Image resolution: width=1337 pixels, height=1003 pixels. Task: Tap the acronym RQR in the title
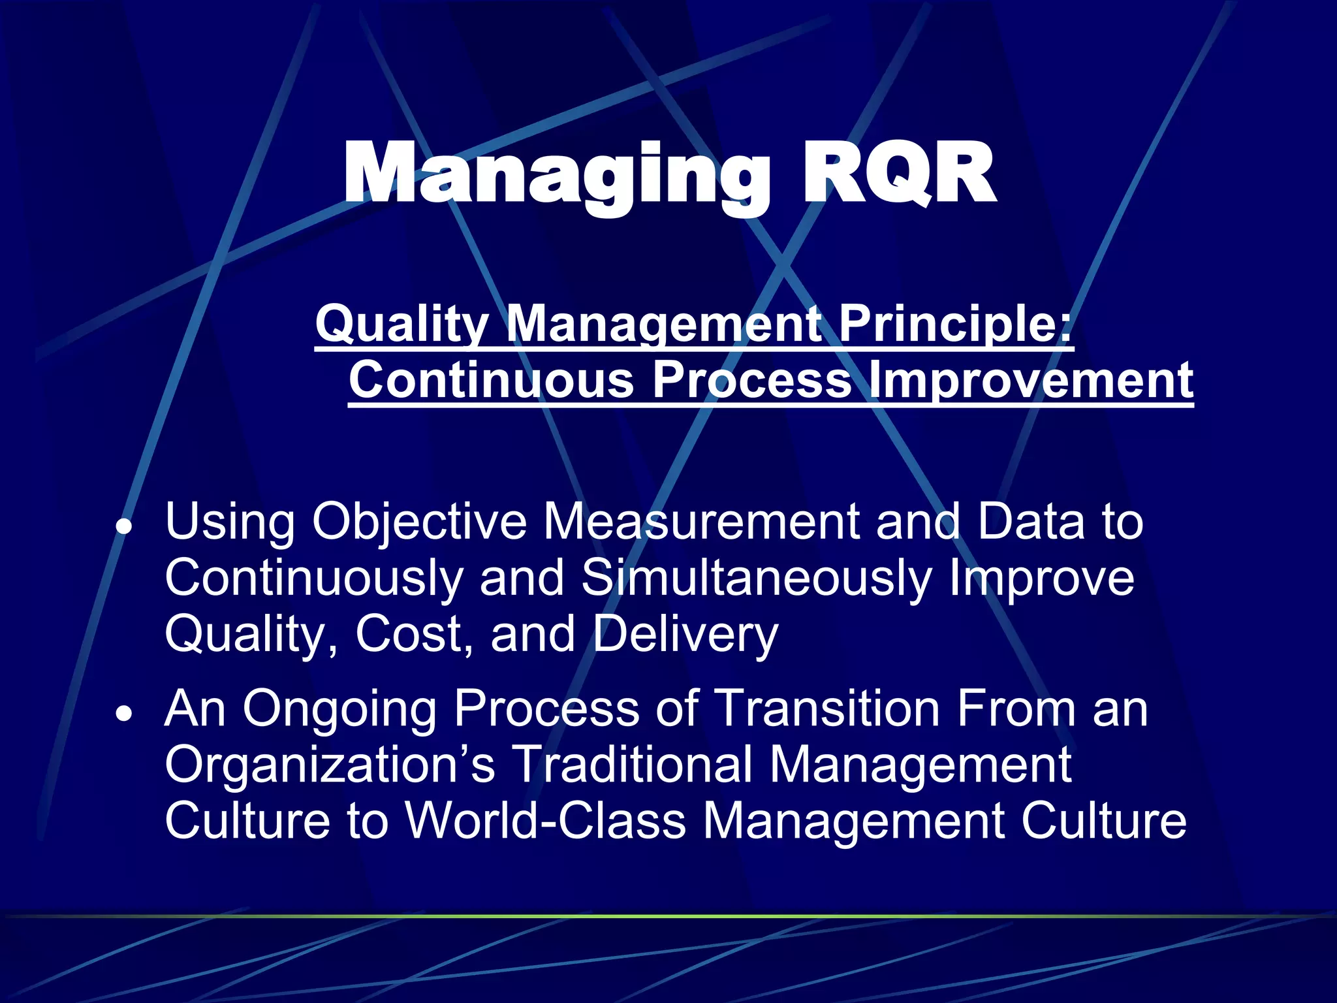point(898,175)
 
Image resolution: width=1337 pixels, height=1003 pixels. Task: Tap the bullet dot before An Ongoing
point(123,714)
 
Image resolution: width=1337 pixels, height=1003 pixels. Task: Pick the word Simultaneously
point(757,578)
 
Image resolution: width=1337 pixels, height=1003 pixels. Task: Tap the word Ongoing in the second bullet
point(339,710)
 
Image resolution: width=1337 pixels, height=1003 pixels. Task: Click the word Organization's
point(330,765)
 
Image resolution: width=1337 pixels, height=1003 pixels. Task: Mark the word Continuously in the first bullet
point(313,579)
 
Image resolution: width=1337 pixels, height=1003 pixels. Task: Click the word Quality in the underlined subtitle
point(401,324)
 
